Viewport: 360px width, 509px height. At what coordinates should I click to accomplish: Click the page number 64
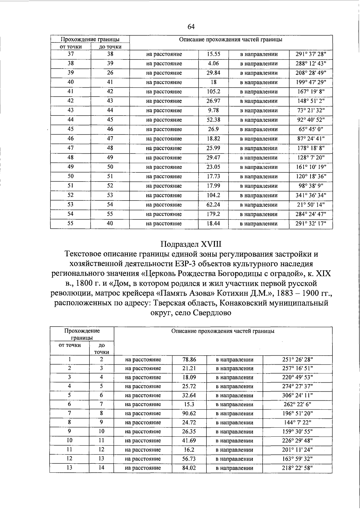[x=191, y=27]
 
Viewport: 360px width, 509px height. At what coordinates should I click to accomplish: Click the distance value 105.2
[x=213, y=92]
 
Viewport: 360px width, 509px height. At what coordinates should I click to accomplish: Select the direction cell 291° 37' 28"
[x=310, y=54]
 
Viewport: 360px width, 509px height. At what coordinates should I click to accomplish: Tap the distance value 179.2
[x=213, y=214]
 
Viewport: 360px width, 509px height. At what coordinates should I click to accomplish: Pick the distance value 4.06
[x=213, y=64]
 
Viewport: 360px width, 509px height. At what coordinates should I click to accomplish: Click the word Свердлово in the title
[x=212, y=313]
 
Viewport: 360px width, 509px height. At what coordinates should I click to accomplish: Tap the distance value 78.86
[x=189, y=360]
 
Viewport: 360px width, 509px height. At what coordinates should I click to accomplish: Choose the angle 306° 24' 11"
[x=297, y=396]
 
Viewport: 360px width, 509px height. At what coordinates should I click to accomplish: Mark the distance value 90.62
[x=189, y=414]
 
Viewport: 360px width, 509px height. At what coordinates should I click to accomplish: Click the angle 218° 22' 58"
[x=297, y=468]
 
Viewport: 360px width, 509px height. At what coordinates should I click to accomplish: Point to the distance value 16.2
[x=189, y=450]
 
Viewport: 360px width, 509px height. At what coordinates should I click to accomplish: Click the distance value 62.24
[x=213, y=205]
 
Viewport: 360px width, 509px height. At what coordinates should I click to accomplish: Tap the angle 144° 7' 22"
[x=297, y=423]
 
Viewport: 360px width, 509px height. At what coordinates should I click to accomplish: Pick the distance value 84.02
[x=189, y=468]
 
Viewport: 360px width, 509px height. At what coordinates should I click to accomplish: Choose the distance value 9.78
[x=213, y=110]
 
